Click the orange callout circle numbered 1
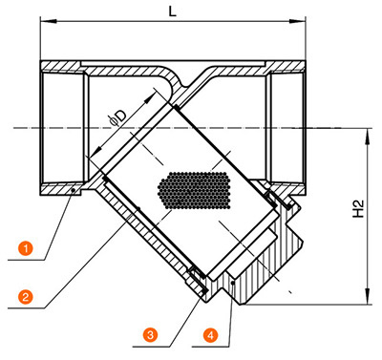click(x=26, y=247)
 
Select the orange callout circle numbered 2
click(x=26, y=297)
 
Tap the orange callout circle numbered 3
click(x=150, y=335)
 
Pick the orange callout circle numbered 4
click(x=210, y=335)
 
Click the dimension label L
click(x=172, y=11)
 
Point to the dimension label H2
click(x=358, y=208)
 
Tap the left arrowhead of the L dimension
click(x=48, y=22)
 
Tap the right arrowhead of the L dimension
click(x=298, y=22)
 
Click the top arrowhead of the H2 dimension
click(x=369, y=137)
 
